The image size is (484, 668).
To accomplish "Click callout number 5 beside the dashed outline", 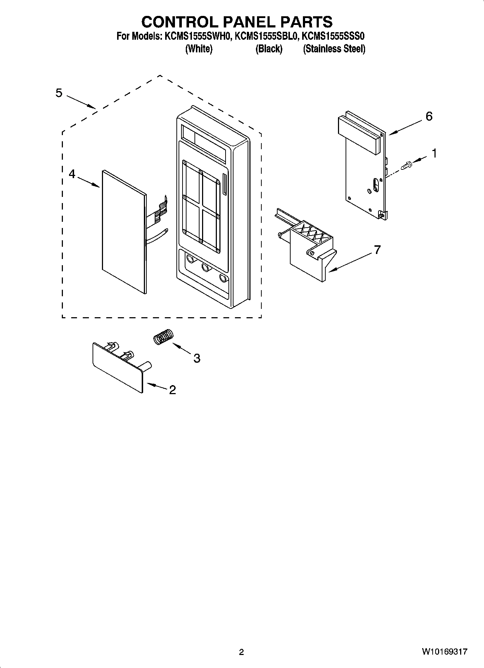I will coord(59,93).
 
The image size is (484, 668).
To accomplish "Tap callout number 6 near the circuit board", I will coord(429,116).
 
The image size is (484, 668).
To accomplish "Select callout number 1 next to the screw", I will coord(434,154).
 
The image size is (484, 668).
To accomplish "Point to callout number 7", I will coord(377,250).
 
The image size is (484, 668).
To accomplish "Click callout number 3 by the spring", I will coord(197,358).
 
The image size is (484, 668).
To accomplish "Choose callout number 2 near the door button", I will coord(172,390).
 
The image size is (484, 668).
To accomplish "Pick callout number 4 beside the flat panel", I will coord(72,174).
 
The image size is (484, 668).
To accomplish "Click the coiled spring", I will coord(163,337).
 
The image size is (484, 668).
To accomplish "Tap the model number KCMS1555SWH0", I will coord(197,36).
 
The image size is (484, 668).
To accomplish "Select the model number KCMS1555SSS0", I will coord(333,36).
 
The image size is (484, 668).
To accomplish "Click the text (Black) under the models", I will coord(269,49).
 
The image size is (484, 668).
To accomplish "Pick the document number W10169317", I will coord(444,652).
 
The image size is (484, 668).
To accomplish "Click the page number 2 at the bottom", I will coord(241,652).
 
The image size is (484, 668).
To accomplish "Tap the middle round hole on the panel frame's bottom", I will coord(206,268).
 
